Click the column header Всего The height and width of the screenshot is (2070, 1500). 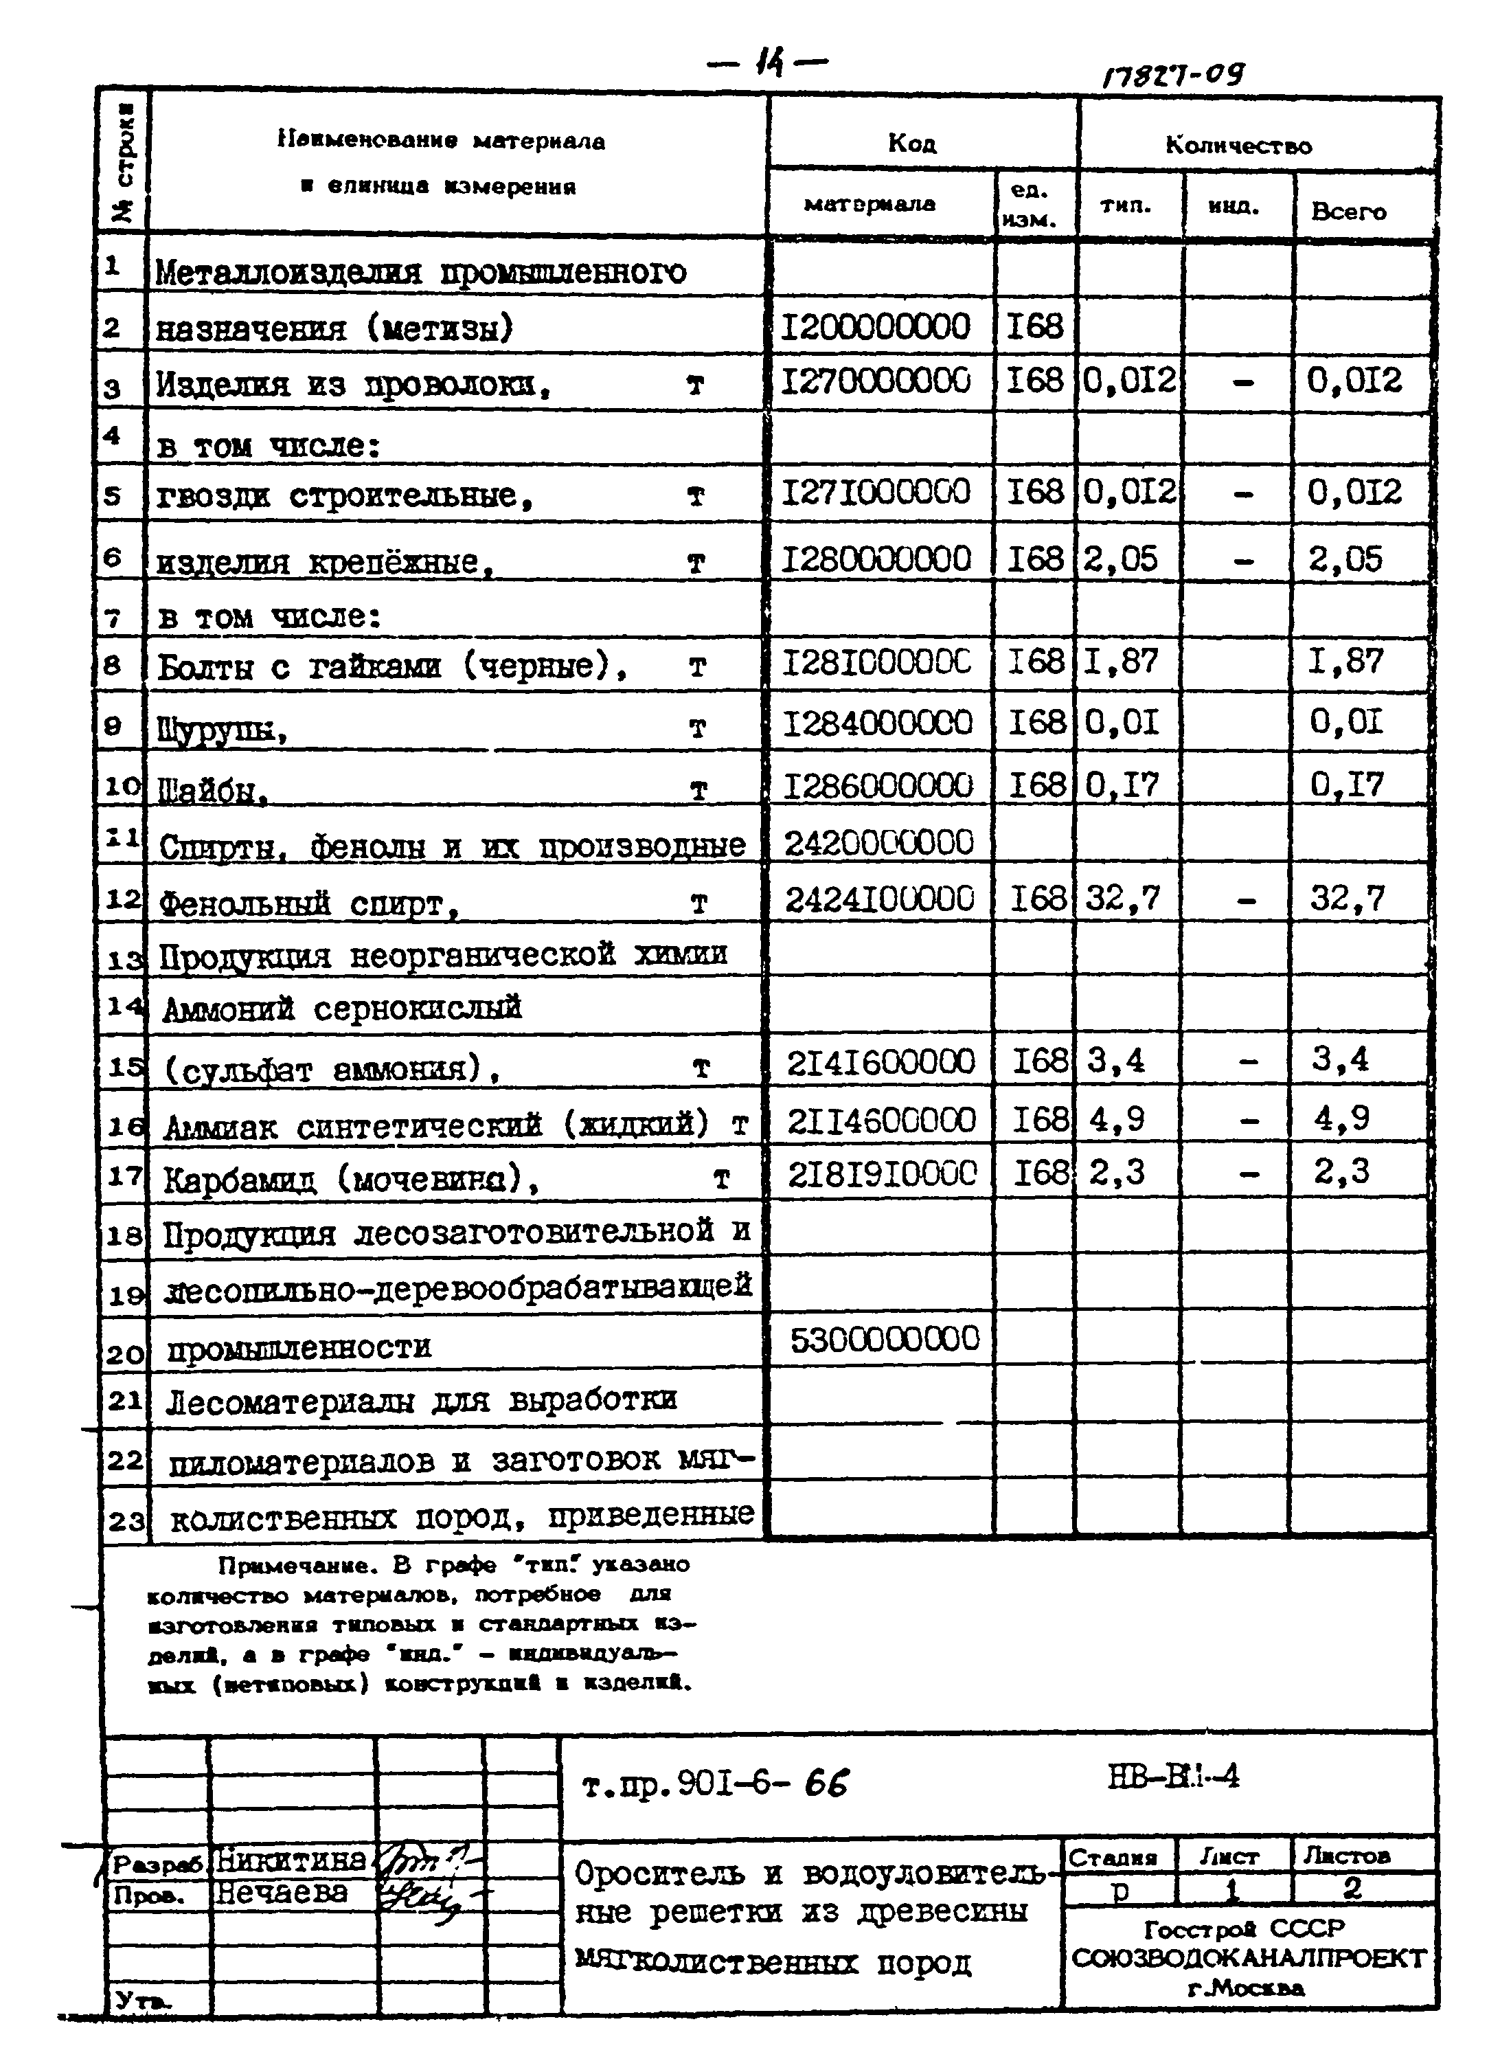1348,212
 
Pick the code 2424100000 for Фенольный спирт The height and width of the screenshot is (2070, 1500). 880,900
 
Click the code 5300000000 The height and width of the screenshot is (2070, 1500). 884,1339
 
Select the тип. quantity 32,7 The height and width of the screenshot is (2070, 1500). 1122,899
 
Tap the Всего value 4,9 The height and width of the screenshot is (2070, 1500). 1341,1118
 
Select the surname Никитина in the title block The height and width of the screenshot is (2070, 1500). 290,1859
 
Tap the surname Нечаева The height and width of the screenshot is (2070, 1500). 281,1894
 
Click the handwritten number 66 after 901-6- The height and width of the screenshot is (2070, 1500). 826,1783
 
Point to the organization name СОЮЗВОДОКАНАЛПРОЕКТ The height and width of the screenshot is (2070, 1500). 1248,1958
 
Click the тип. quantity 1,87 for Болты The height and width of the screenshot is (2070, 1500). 1122,662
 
